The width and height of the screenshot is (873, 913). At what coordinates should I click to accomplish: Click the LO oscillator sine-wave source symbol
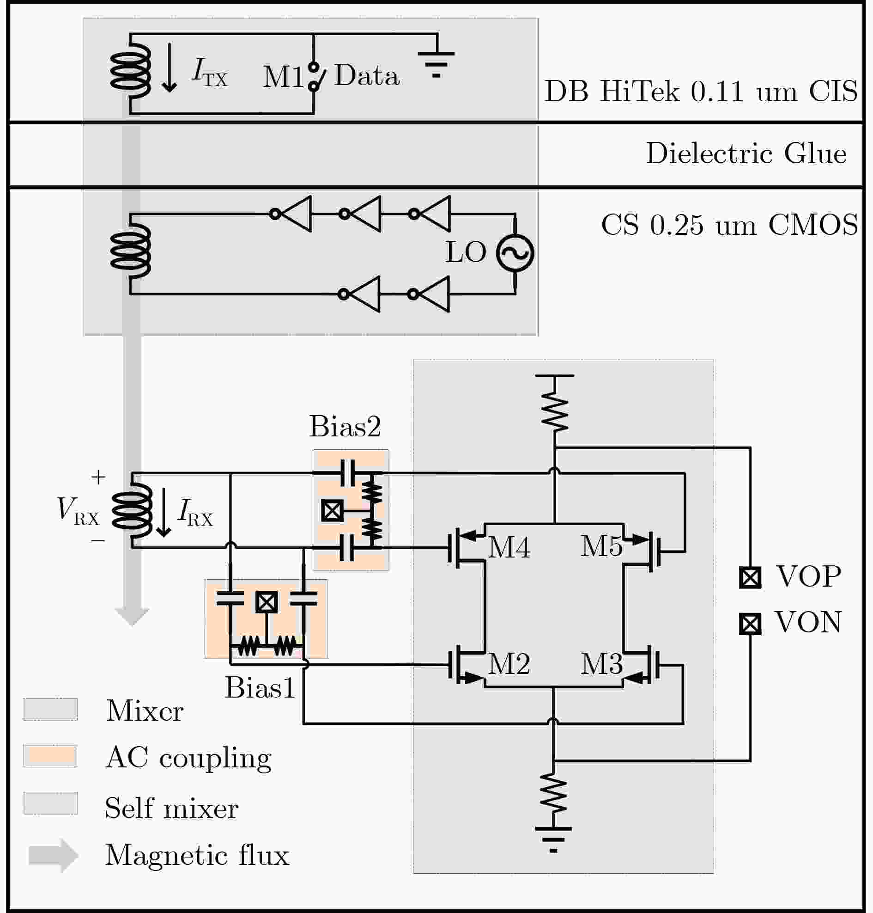515,252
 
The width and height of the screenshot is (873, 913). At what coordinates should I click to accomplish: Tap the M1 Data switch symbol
315,76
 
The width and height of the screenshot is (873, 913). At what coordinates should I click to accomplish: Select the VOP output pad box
750,577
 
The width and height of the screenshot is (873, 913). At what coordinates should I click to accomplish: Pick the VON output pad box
750,624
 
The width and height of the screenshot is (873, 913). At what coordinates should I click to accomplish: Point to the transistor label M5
602,546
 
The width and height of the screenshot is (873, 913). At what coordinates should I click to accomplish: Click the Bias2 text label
345,426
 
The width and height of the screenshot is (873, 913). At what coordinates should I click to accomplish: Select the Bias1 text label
260,687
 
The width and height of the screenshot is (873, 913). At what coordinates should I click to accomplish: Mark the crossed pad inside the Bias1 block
267,602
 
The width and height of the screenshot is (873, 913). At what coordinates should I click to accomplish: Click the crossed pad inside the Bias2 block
332,511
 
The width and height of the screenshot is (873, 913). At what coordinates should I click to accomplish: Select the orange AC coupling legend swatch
50,756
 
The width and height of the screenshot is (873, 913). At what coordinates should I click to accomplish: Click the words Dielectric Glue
746,153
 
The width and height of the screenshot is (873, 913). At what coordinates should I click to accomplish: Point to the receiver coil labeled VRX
132,511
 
